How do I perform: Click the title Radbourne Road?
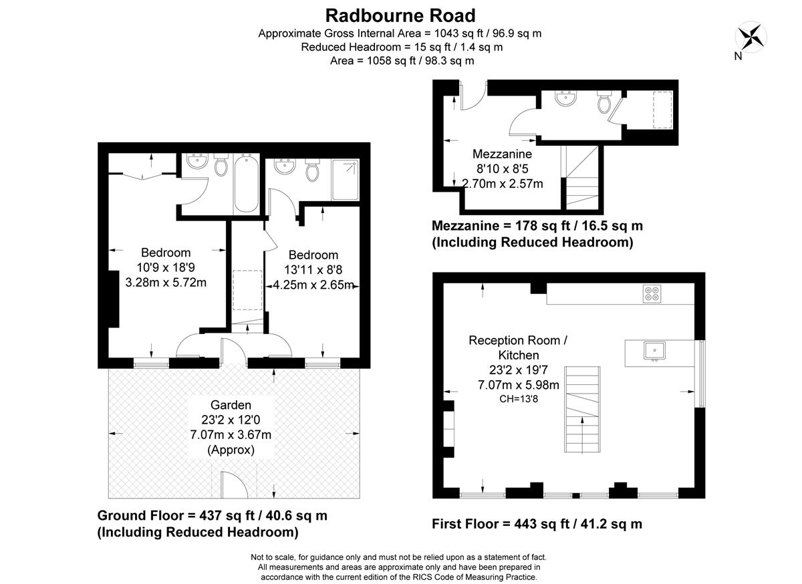400,15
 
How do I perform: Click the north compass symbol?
751,36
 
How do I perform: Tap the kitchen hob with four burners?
652,294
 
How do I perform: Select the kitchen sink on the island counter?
653,349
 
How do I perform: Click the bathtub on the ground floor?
245,183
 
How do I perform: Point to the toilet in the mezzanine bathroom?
605,103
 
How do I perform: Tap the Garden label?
231,405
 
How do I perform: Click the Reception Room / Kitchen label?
518,347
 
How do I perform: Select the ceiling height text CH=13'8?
518,399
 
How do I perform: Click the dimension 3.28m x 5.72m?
166,282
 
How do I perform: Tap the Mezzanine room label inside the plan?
502,154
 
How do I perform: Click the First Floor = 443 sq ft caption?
537,524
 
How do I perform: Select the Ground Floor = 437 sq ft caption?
213,516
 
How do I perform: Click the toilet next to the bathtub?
220,166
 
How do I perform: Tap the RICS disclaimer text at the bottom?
398,567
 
